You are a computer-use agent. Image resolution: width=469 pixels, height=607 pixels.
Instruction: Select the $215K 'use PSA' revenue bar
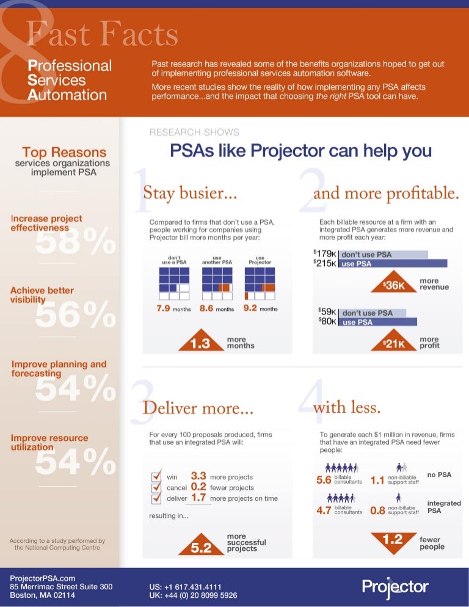394,264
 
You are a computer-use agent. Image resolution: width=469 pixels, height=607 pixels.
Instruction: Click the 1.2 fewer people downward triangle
393,540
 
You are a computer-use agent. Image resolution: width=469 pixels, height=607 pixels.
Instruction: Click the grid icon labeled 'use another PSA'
216,283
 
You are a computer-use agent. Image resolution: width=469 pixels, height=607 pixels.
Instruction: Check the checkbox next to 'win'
156,476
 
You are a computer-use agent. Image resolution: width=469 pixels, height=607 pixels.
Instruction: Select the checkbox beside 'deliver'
156,499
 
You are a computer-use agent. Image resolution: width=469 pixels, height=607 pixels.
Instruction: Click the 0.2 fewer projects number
198,487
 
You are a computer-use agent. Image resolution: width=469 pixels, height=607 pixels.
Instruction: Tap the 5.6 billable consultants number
324,481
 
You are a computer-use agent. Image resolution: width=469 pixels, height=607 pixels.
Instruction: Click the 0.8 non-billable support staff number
378,511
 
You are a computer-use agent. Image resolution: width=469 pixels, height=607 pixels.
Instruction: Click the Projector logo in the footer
395,588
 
